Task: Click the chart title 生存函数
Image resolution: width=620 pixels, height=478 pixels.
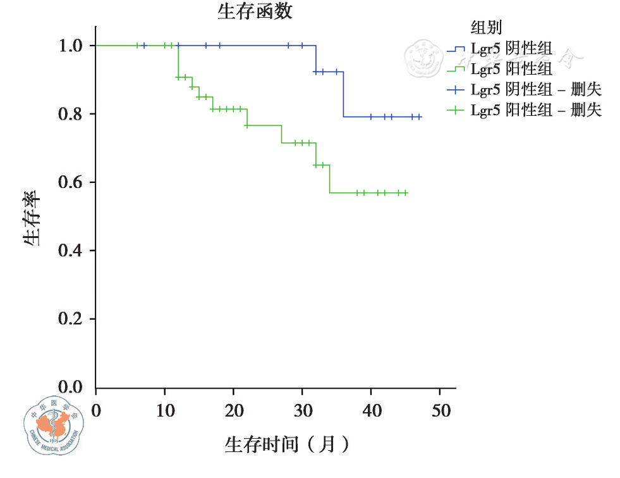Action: [x=255, y=11]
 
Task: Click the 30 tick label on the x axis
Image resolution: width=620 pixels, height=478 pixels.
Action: [x=302, y=410]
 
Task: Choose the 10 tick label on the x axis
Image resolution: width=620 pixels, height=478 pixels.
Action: [x=164, y=410]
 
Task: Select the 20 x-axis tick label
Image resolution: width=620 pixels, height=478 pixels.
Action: [x=233, y=410]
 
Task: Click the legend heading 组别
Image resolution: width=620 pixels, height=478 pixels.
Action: [x=486, y=27]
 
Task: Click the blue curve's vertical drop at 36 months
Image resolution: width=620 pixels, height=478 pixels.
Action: [x=344, y=95]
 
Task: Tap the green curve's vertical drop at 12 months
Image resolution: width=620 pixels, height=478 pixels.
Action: [x=178, y=61]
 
